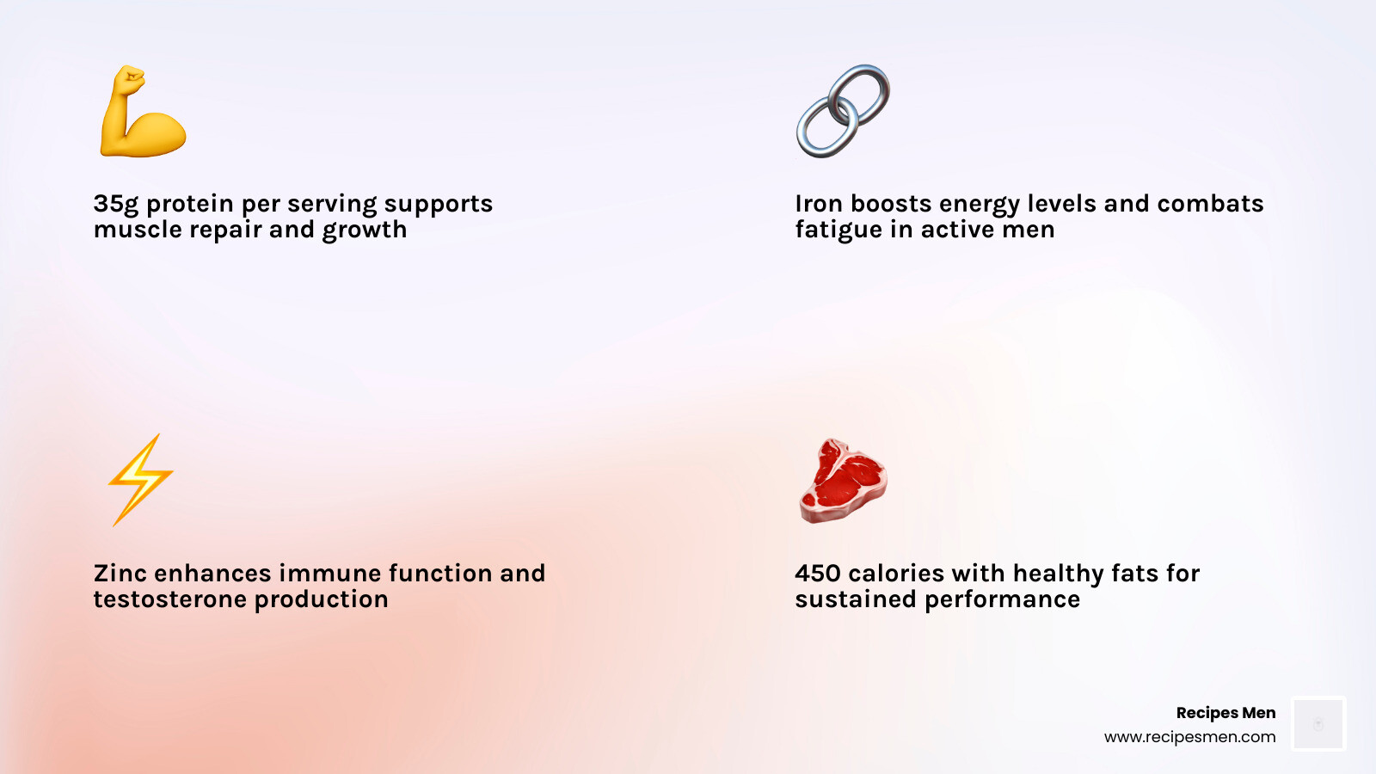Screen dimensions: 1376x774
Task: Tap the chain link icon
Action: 843,111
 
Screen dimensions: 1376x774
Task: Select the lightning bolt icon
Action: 141,480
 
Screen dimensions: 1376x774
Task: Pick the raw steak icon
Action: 843,481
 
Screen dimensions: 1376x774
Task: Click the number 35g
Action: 116,204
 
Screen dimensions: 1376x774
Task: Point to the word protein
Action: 190,204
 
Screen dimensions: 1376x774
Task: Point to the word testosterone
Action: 170,599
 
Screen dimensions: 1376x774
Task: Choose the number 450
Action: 818,573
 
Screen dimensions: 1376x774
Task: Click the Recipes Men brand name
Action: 1225,713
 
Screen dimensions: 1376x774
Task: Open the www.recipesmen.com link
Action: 1190,737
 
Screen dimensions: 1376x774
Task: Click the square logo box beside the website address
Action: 1318,723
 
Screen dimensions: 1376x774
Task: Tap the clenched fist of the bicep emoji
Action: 129,81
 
